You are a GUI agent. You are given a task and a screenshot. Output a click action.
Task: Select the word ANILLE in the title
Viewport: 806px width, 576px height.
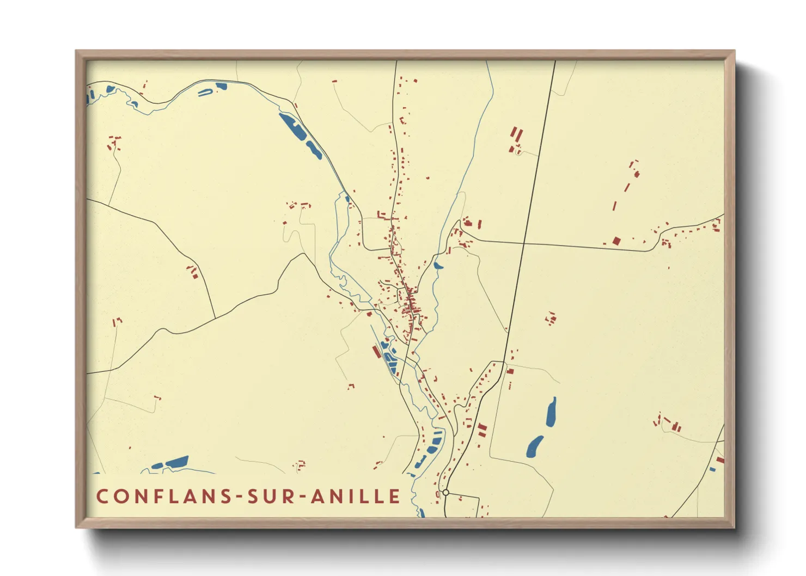[356, 496]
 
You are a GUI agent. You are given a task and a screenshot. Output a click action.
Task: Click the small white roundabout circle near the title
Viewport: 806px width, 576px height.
[445, 492]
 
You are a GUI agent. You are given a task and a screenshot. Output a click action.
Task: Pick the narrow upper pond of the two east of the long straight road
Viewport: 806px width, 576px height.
[551, 412]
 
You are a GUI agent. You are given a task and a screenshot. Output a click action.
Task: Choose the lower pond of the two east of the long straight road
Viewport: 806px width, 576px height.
[534, 446]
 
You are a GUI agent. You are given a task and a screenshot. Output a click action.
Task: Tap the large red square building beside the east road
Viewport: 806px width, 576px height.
[616, 241]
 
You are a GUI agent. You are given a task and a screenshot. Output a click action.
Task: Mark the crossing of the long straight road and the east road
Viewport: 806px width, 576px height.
[524, 243]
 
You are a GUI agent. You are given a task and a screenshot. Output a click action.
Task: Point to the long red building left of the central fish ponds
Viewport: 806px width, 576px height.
[376, 351]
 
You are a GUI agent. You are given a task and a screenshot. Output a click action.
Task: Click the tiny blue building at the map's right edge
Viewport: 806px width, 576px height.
[712, 469]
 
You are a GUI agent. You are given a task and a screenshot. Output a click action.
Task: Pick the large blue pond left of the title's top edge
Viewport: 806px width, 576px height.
[176, 462]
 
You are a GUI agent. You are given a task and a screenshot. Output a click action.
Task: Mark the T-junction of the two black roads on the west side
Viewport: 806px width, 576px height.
[215, 318]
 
